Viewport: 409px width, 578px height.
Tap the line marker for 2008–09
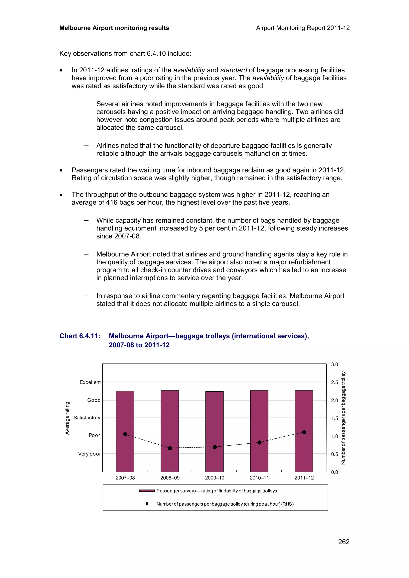coord(170,448)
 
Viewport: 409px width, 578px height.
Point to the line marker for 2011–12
coord(304,432)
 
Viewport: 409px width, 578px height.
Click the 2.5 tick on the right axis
coord(334,382)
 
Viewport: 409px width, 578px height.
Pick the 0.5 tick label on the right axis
coord(334,454)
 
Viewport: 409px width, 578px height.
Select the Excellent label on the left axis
coord(90,382)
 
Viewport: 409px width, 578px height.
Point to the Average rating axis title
coord(67,418)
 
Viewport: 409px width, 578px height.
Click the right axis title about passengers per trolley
coord(343,418)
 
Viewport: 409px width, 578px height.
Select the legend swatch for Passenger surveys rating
coord(147,491)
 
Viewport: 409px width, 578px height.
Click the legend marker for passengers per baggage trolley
coord(147,504)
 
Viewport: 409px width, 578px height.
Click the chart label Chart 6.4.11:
coord(80,336)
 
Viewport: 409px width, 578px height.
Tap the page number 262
coord(344,542)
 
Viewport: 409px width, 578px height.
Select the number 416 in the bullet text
coord(112,202)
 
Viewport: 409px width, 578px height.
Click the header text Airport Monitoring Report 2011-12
coord(303,28)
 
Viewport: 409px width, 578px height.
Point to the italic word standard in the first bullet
coord(234,70)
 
